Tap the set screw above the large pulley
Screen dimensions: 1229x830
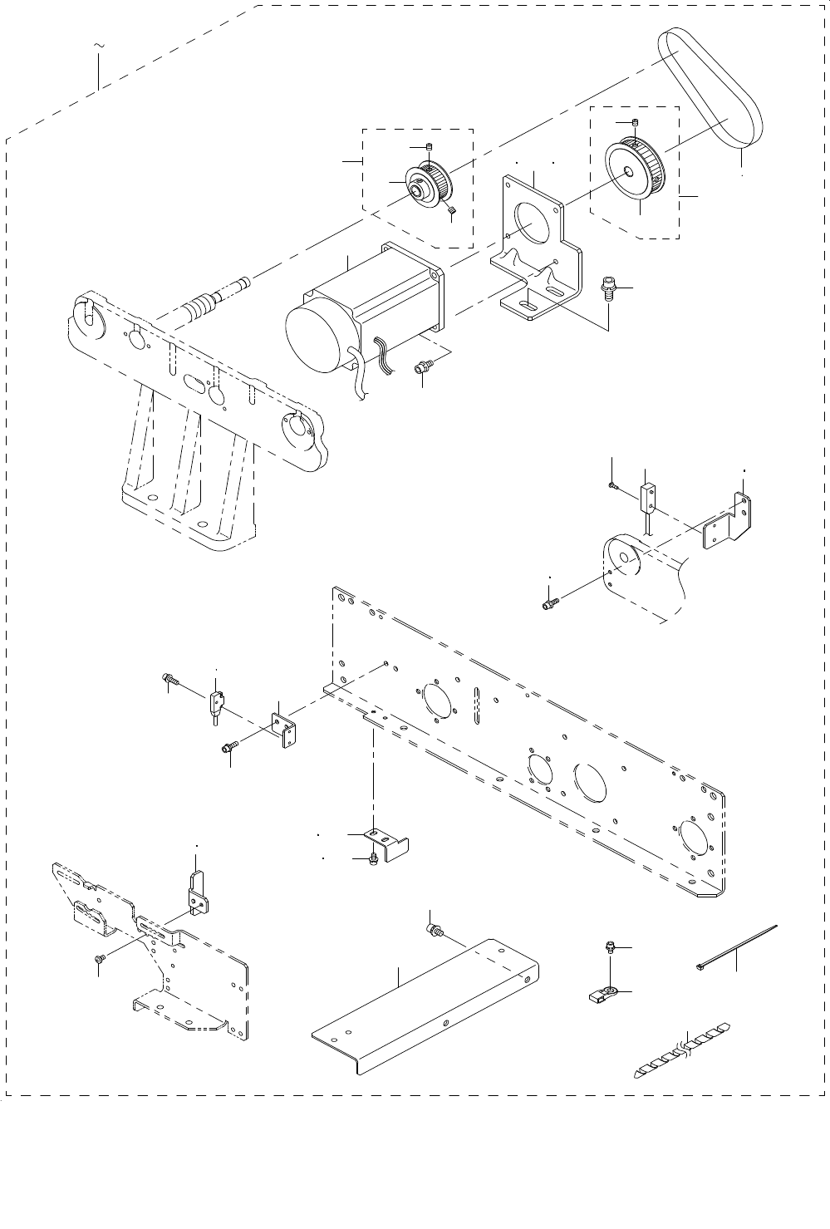tap(636, 124)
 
